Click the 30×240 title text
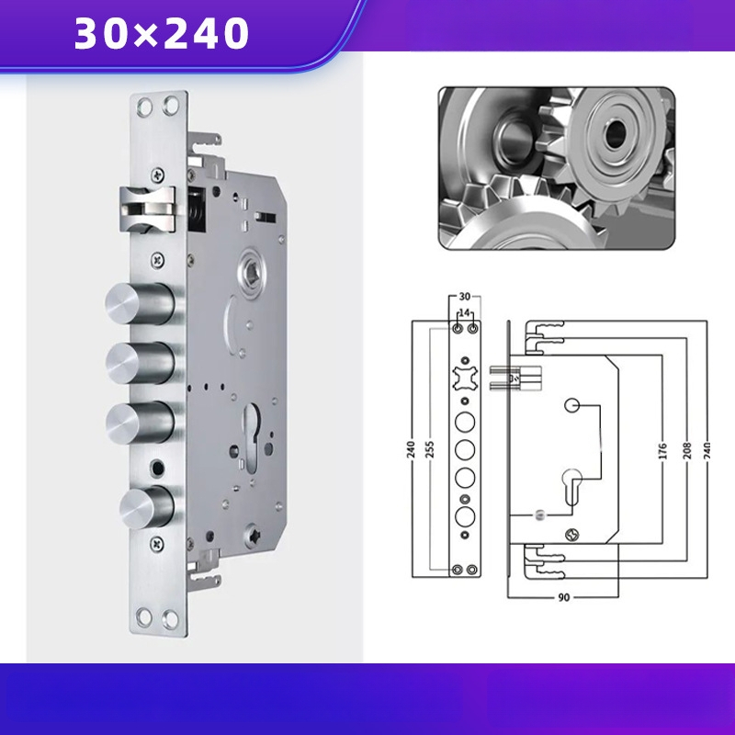(x=162, y=33)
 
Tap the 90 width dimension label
(x=564, y=597)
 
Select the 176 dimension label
(x=662, y=450)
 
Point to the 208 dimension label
(x=687, y=450)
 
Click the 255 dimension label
(x=431, y=449)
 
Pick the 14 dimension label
(x=464, y=312)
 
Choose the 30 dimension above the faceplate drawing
(x=464, y=296)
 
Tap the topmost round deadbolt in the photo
(x=140, y=304)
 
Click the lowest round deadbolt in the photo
(x=147, y=508)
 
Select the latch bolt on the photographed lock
(x=148, y=209)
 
